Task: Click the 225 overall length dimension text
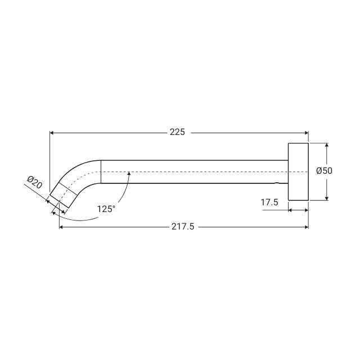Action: click(177, 133)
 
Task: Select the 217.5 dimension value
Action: click(184, 227)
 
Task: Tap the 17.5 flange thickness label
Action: click(269, 202)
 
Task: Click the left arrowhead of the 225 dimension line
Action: click(53, 133)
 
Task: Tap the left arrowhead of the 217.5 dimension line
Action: click(62, 227)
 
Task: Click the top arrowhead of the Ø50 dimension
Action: click(327, 145)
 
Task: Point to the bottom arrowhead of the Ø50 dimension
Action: click(327, 197)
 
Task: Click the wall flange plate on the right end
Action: click(298, 172)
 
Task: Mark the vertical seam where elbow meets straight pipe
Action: click(101, 172)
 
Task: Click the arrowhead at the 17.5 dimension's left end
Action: click(290, 210)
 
